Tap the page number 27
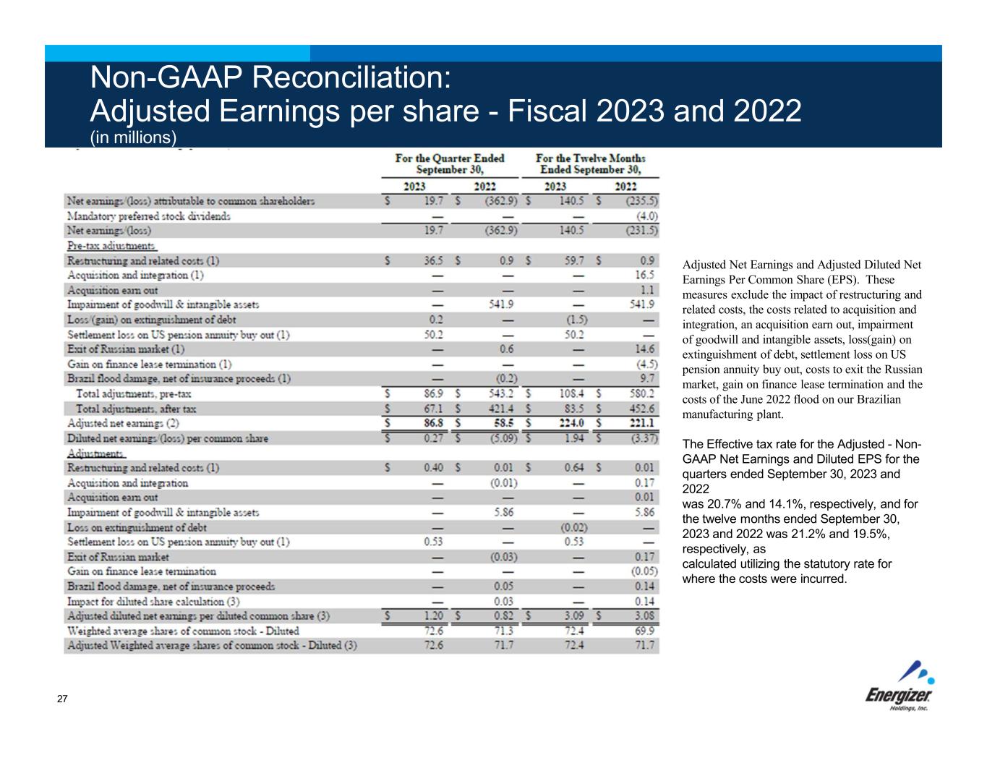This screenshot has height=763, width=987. point(62,699)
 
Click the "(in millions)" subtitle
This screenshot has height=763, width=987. point(133,137)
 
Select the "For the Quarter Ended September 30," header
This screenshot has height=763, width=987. point(450,163)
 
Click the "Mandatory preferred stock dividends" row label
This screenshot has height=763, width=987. point(149,216)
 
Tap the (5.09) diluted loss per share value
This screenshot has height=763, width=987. point(500,438)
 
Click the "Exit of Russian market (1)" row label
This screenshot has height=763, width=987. point(126,349)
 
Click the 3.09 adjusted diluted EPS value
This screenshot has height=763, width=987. point(573,616)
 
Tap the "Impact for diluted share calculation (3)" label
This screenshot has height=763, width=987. point(153,601)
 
